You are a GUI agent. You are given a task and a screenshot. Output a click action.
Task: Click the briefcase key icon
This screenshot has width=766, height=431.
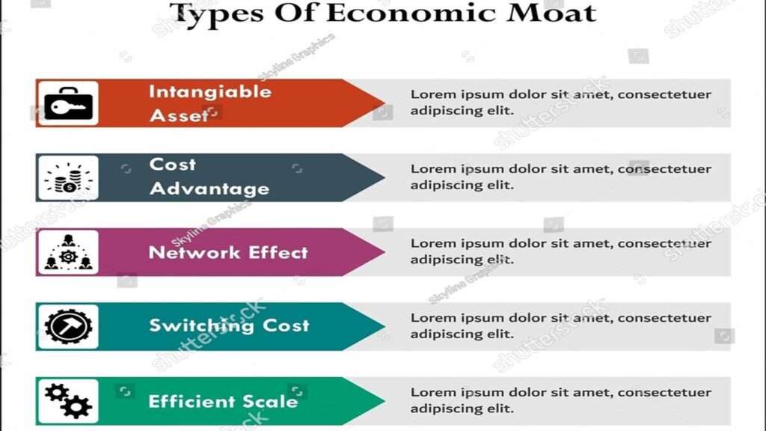click(68, 103)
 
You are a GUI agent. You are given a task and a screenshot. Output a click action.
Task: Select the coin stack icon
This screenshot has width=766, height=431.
click(68, 178)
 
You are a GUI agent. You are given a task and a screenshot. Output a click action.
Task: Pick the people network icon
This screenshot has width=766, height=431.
click(68, 252)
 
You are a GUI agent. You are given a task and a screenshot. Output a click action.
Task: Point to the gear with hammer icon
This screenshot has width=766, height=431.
click(68, 326)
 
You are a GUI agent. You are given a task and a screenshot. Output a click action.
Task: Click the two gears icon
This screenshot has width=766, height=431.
click(68, 400)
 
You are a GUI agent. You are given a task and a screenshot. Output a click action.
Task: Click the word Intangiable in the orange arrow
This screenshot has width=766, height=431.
click(209, 92)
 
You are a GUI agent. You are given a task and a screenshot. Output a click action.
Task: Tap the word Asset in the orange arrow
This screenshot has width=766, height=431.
click(179, 115)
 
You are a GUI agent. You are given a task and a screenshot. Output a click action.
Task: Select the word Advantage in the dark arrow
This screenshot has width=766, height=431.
click(209, 189)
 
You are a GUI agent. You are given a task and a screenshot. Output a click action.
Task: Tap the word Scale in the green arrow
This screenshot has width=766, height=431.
click(270, 400)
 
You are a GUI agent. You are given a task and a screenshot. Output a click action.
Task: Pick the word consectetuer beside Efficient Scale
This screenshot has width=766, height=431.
click(664, 392)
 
